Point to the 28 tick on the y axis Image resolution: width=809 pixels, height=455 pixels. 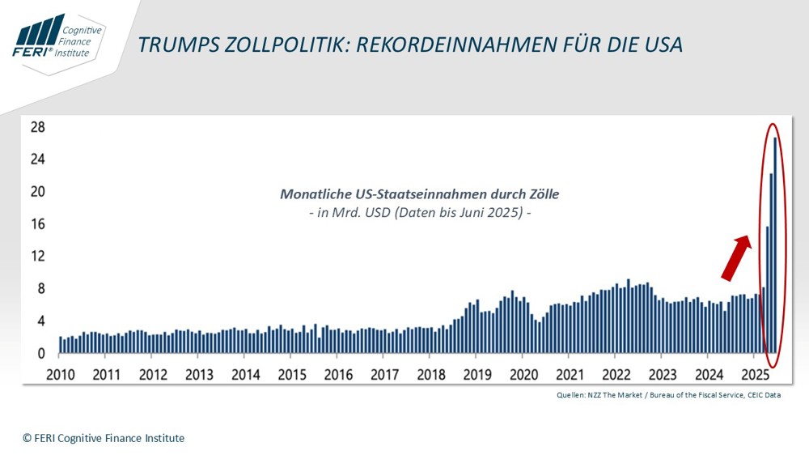pos(36,128)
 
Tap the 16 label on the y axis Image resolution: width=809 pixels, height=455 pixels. pos(36,224)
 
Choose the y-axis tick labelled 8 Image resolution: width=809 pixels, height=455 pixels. pos(40,289)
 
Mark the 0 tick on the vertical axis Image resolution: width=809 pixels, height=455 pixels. pos(40,354)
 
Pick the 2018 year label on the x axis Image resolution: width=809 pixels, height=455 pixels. pos(431,375)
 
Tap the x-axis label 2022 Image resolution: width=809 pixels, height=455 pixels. pos(616,375)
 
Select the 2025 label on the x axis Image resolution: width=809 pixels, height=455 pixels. pos(756,375)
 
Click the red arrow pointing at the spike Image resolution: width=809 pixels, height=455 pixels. pos(735,257)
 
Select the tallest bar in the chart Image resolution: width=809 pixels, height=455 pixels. pos(776,243)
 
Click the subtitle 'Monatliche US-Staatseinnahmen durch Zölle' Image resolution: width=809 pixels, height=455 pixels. pos(419,194)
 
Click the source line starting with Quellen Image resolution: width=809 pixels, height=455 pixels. pos(668,395)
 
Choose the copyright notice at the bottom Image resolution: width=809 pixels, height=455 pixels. pos(104,438)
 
